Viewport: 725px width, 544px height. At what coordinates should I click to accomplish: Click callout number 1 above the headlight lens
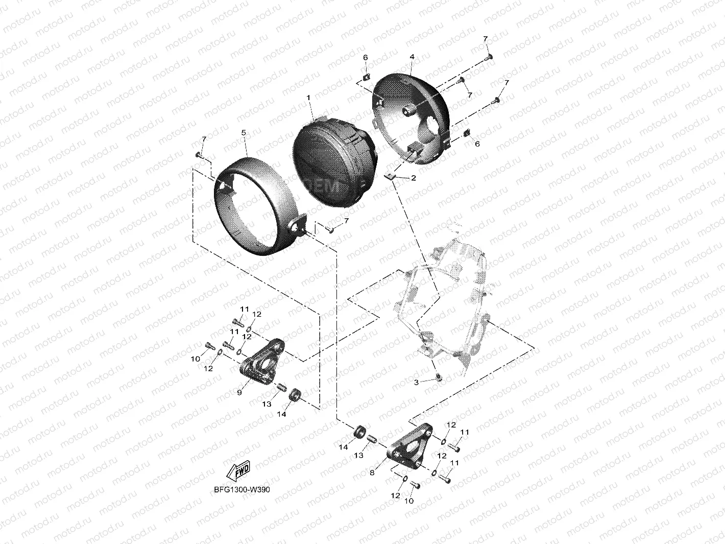pyautogui.click(x=308, y=97)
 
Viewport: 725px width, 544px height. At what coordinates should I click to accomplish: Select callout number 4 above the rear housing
pyautogui.click(x=412, y=57)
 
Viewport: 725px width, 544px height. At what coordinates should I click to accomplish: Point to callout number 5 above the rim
pyautogui.click(x=244, y=133)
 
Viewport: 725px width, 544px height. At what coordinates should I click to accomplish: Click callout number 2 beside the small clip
pyautogui.click(x=413, y=178)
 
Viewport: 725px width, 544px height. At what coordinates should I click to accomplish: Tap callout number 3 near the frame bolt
pyautogui.click(x=416, y=382)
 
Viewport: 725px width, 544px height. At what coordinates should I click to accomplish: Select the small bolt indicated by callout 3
pyautogui.click(x=439, y=377)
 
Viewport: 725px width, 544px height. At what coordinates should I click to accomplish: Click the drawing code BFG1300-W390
pyautogui.click(x=242, y=489)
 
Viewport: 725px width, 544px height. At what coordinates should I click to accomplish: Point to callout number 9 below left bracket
pyautogui.click(x=239, y=392)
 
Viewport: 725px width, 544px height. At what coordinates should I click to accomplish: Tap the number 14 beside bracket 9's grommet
pyautogui.click(x=281, y=414)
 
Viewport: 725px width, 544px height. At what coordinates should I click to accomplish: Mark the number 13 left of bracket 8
pyautogui.click(x=359, y=455)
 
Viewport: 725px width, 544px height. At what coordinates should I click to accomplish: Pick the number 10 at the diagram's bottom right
pyautogui.click(x=409, y=501)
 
